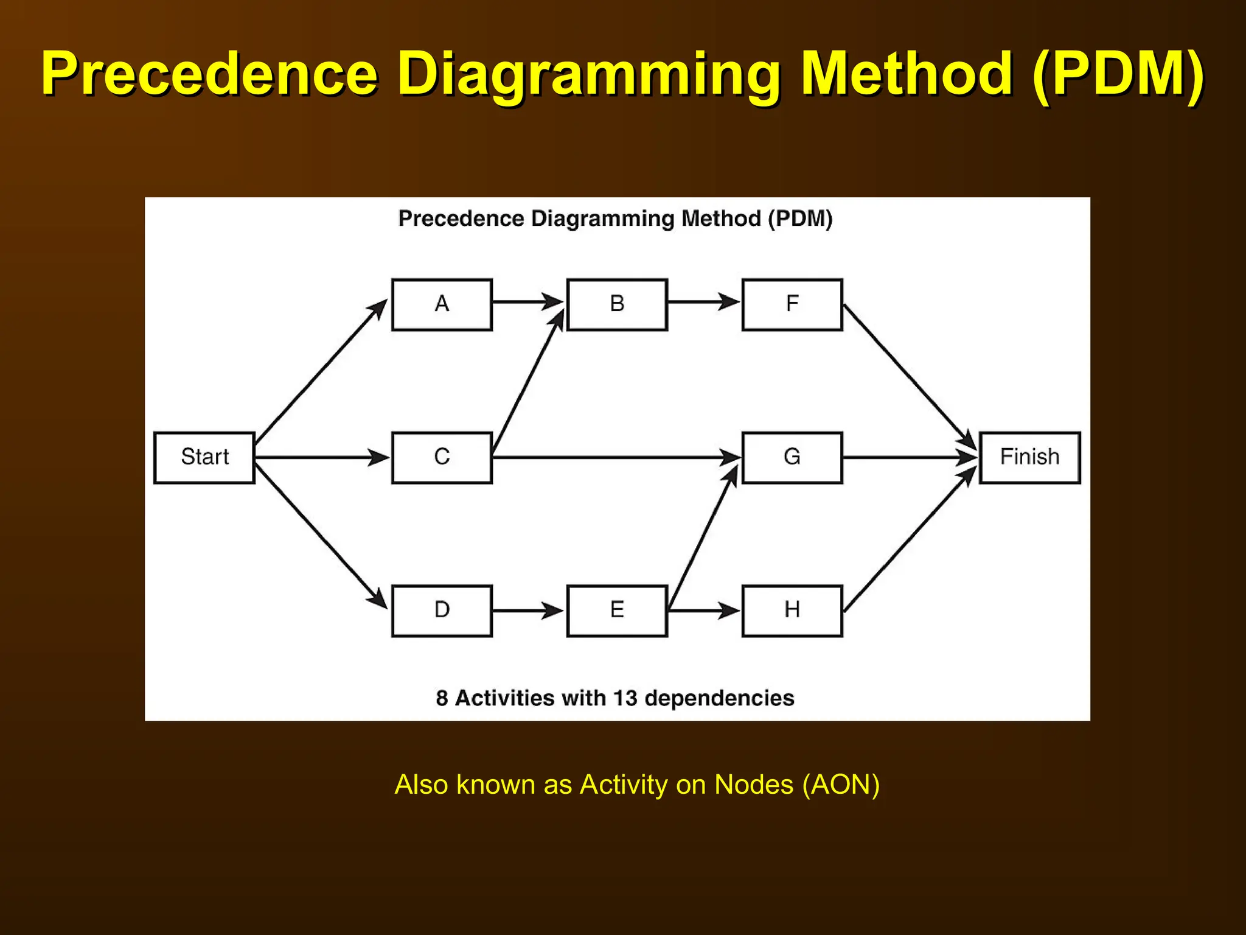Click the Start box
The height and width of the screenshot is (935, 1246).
(x=204, y=458)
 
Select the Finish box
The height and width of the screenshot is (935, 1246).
(x=1029, y=458)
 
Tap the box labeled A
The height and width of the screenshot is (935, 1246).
(x=442, y=304)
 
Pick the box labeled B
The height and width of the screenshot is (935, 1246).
(x=617, y=304)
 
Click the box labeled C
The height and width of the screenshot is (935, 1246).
(x=442, y=458)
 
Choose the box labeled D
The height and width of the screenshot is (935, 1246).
(x=442, y=611)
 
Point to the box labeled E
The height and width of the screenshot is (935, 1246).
(x=617, y=611)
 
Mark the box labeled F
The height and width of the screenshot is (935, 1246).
(x=792, y=304)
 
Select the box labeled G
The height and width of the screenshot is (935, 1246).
(x=792, y=458)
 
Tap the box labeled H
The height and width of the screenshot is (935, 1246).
(x=792, y=611)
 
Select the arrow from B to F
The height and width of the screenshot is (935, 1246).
(x=703, y=301)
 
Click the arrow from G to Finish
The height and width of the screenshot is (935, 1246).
(x=910, y=457)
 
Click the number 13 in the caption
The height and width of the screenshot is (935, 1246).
(x=624, y=698)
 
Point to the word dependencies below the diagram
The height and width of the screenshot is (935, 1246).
(x=719, y=698)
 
